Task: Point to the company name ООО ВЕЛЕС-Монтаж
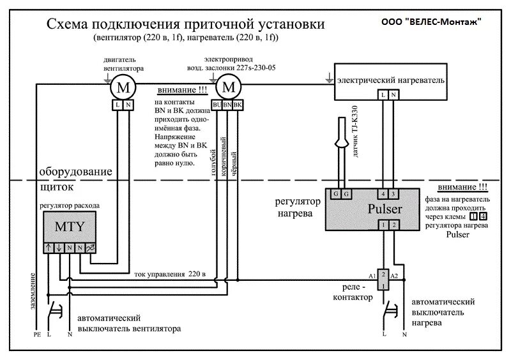pos(432,20)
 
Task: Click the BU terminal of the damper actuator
pos(217,104)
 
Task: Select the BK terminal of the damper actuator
pos(238,104)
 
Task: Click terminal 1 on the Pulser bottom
pos(383,225)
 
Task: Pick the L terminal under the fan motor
pos(119,104)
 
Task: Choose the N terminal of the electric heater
pos(393,94)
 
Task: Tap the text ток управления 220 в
pos(170,274)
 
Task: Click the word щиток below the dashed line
pos(57,188)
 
